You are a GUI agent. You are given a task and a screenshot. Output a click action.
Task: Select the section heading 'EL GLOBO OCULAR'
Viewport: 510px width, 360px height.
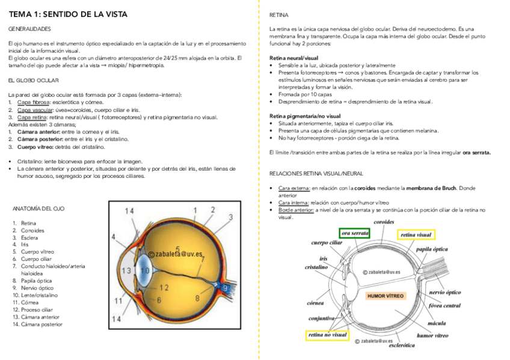tap(34, 80)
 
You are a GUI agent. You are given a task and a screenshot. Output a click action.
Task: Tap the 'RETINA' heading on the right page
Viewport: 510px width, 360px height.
tap(280, 14)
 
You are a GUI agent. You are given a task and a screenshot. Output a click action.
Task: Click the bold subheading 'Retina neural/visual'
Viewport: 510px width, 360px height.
tap(293, 58)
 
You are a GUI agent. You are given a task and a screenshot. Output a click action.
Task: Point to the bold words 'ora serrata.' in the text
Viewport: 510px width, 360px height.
tap(476, 153)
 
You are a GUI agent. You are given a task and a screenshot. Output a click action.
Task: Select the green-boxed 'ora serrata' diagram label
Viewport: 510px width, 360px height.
tap(355, 233)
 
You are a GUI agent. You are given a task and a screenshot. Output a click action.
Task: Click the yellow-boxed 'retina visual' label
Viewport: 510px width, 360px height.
tap(416, 234)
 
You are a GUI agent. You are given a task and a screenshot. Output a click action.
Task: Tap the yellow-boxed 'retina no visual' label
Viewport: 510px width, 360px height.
tap(327, 334)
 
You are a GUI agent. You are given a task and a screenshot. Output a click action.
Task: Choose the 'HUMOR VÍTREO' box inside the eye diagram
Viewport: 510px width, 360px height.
tap(385, 296)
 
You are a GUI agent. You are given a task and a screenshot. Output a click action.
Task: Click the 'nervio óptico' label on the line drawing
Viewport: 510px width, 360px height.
tap(444, 292)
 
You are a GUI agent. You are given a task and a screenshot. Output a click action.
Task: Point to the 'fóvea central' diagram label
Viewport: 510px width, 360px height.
tap(444, 305)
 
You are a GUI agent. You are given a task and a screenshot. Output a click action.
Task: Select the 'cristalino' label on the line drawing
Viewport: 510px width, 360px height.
tap(316, 267)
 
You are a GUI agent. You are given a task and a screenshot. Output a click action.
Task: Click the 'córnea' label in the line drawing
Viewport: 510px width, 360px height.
tap(317, 303)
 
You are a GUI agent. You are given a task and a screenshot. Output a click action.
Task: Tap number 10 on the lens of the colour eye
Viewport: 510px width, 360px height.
tap(145, 270)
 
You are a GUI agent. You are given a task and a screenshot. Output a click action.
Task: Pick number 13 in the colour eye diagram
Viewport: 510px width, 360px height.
tap(126, 270)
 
